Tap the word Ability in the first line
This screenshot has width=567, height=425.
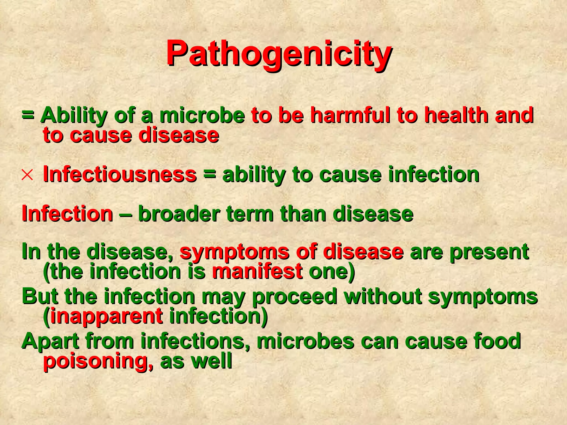pos(73,116)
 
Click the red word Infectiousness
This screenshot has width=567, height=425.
pos(120,175)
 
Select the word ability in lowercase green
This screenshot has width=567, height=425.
pos(254,175)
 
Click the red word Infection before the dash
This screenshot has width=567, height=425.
pos(67,214)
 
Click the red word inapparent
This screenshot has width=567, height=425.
pos(107,316)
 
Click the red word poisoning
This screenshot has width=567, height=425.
pos(98,361)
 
